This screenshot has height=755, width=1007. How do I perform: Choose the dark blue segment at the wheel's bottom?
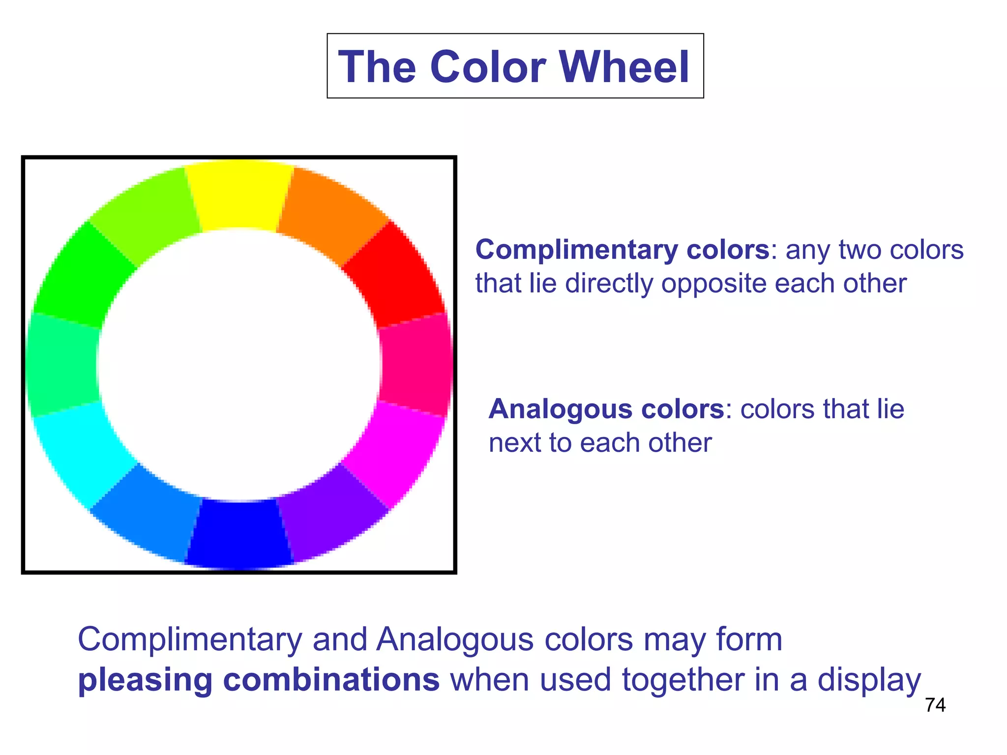coord(239,533)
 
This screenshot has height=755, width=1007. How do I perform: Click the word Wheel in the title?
coord(624,67)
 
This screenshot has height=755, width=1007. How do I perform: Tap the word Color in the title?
coord(488,67)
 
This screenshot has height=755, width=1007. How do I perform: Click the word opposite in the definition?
coord(713,284)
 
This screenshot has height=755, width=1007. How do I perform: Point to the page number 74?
coord(935,705)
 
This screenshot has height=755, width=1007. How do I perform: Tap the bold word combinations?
coord(331,680)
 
